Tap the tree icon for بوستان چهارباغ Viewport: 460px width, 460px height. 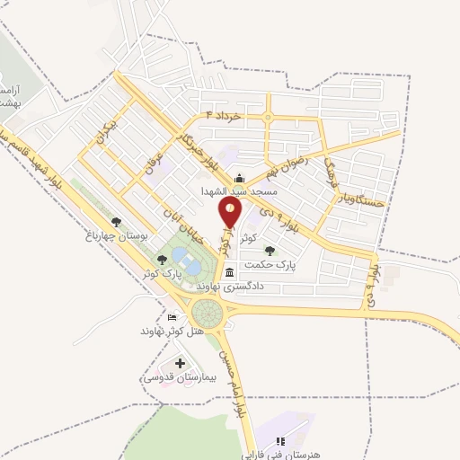(x=114, y=220)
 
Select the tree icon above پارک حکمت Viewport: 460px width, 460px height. (x=270, y=251)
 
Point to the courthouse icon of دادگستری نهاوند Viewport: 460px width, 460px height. (x=230, y=272)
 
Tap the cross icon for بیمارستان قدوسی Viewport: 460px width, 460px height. (x=179, y=364)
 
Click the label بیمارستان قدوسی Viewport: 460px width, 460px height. (x=175, y=378)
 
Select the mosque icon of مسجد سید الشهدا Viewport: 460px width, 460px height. (x=240, y=178)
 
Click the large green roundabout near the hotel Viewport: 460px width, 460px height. (x=207, y=313)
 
